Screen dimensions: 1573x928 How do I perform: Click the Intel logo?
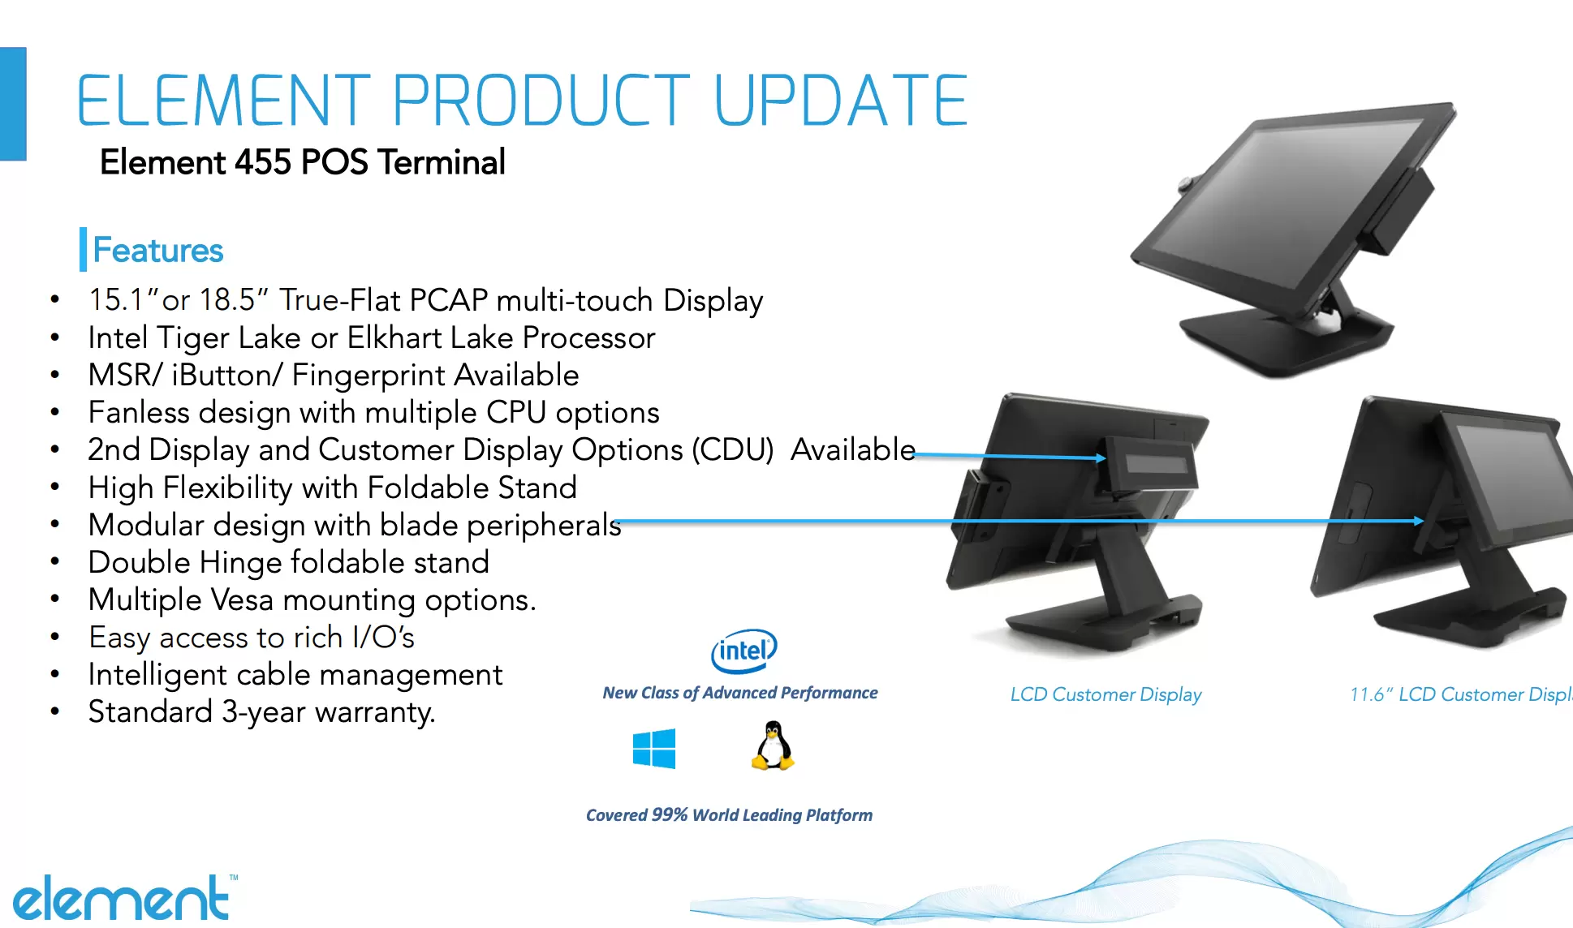click(x=744, y=651)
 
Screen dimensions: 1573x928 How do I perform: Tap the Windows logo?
click(x=654, y=748)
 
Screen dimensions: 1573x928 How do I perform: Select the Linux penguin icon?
click(x=773, y=745)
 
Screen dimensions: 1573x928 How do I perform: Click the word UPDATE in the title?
click(x=841, y=101)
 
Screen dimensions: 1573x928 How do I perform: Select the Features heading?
click(x=158, y=250)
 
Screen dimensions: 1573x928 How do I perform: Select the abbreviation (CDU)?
click(x=733, y=449)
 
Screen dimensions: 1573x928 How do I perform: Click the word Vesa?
click(x=242, y=599)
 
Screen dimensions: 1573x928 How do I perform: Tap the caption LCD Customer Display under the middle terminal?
click(x=1105, y=694)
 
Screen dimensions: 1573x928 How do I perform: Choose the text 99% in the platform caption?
click(x=670, y=814)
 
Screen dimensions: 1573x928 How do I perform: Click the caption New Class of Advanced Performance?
click(x=740, y=693)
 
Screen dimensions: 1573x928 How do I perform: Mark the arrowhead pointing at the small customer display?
click(x=1101, y=458)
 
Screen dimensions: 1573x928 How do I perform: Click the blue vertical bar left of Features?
click(x=83, y=249)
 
